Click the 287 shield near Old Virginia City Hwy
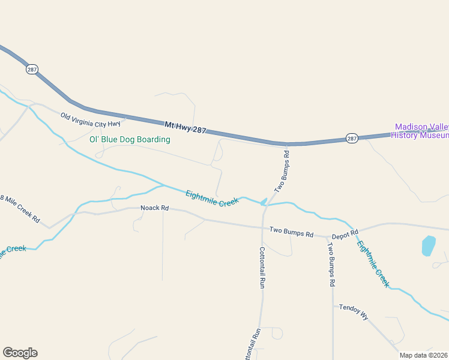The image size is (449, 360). (x=32, y=70)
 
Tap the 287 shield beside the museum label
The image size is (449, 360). (x=352, y=139)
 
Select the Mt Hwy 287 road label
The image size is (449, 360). (x=185, y=127)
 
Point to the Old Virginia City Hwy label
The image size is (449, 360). (x=90, y=119)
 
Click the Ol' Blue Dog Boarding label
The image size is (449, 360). (x=130, y=140)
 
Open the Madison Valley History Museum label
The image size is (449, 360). (x=421, y=131)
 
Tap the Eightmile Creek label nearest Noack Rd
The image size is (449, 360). (x=212, y=199)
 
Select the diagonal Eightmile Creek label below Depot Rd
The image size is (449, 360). (x=373, y=264)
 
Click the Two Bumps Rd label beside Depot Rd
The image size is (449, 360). (x=291, y=232)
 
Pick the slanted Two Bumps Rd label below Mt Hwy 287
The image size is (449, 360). (x=282, y=171)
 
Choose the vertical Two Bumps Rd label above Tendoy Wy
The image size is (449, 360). (x=331, y=263)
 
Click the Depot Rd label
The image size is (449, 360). (x=345, y=233)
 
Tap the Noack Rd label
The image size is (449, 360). (x=155, y=208)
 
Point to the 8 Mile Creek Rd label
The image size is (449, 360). (x=20, y=209)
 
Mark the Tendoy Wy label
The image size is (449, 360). (x=353, y=312)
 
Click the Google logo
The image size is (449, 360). (x=20, y=353)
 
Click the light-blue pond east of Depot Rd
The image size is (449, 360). (x=428, y=245)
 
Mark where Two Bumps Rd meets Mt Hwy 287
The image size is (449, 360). (x=287, y=145)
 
